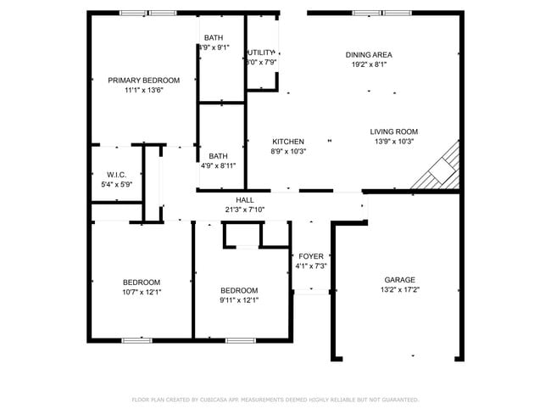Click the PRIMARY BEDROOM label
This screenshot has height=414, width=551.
[143, 80]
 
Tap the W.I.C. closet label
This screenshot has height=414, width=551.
[117, 174]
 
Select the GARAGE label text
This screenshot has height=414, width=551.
[400, 279]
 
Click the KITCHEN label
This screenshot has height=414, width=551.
[287, 141]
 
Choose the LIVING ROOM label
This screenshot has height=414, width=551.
[393, 131]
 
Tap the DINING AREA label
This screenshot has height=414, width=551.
[369, 54]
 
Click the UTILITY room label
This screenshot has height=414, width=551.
[262, 53]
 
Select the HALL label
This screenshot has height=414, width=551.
[245, 200]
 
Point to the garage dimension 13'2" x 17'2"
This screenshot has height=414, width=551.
[400, 289]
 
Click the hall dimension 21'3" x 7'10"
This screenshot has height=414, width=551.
[245, 210]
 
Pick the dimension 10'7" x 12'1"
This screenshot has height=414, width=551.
[142, 292]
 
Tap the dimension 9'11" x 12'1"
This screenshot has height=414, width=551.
[239, 299]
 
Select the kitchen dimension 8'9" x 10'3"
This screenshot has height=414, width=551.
[288, 151]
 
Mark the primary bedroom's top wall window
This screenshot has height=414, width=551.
[147, 13]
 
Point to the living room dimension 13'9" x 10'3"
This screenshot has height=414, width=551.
[393, 142]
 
